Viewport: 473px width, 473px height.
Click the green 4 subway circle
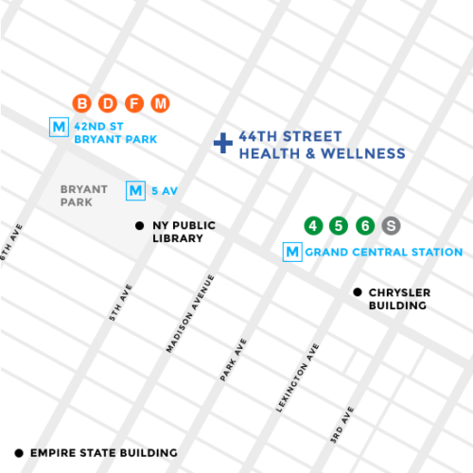point(312,226)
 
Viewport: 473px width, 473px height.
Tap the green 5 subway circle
point(339,226)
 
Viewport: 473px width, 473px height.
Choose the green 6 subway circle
point(365,226)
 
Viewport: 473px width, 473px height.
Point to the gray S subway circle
point(392,226)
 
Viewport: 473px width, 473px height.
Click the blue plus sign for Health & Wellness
point(222,144)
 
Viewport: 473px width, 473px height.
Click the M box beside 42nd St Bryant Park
point(60,125)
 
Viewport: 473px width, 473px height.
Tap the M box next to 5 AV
point(136,191)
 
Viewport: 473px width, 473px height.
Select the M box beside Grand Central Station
point(292,253)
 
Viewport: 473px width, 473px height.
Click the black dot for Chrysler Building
point(358,292)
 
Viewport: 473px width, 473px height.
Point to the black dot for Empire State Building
point(20,453)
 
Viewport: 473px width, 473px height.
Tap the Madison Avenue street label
point(190,313)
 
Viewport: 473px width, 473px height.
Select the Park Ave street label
point(234,359)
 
